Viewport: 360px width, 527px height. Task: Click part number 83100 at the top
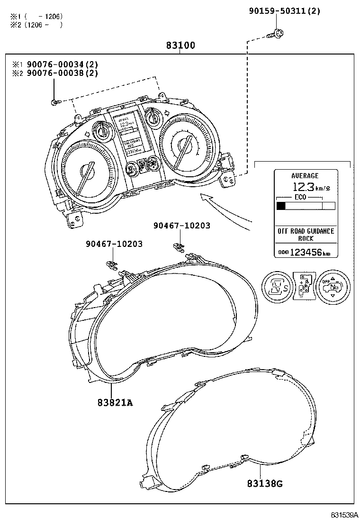coord(180,46)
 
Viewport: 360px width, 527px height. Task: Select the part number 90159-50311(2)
coord(284,11)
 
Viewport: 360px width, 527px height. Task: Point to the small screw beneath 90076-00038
coord(55,101)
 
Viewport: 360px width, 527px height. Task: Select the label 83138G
coord(264,483)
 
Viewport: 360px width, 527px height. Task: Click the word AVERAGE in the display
coord(305,176)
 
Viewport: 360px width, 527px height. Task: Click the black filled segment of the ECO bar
coord(281,206)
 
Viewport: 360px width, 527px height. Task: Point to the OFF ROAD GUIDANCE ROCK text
coord(306,235)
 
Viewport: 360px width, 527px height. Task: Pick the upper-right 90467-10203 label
coord(181,226)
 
